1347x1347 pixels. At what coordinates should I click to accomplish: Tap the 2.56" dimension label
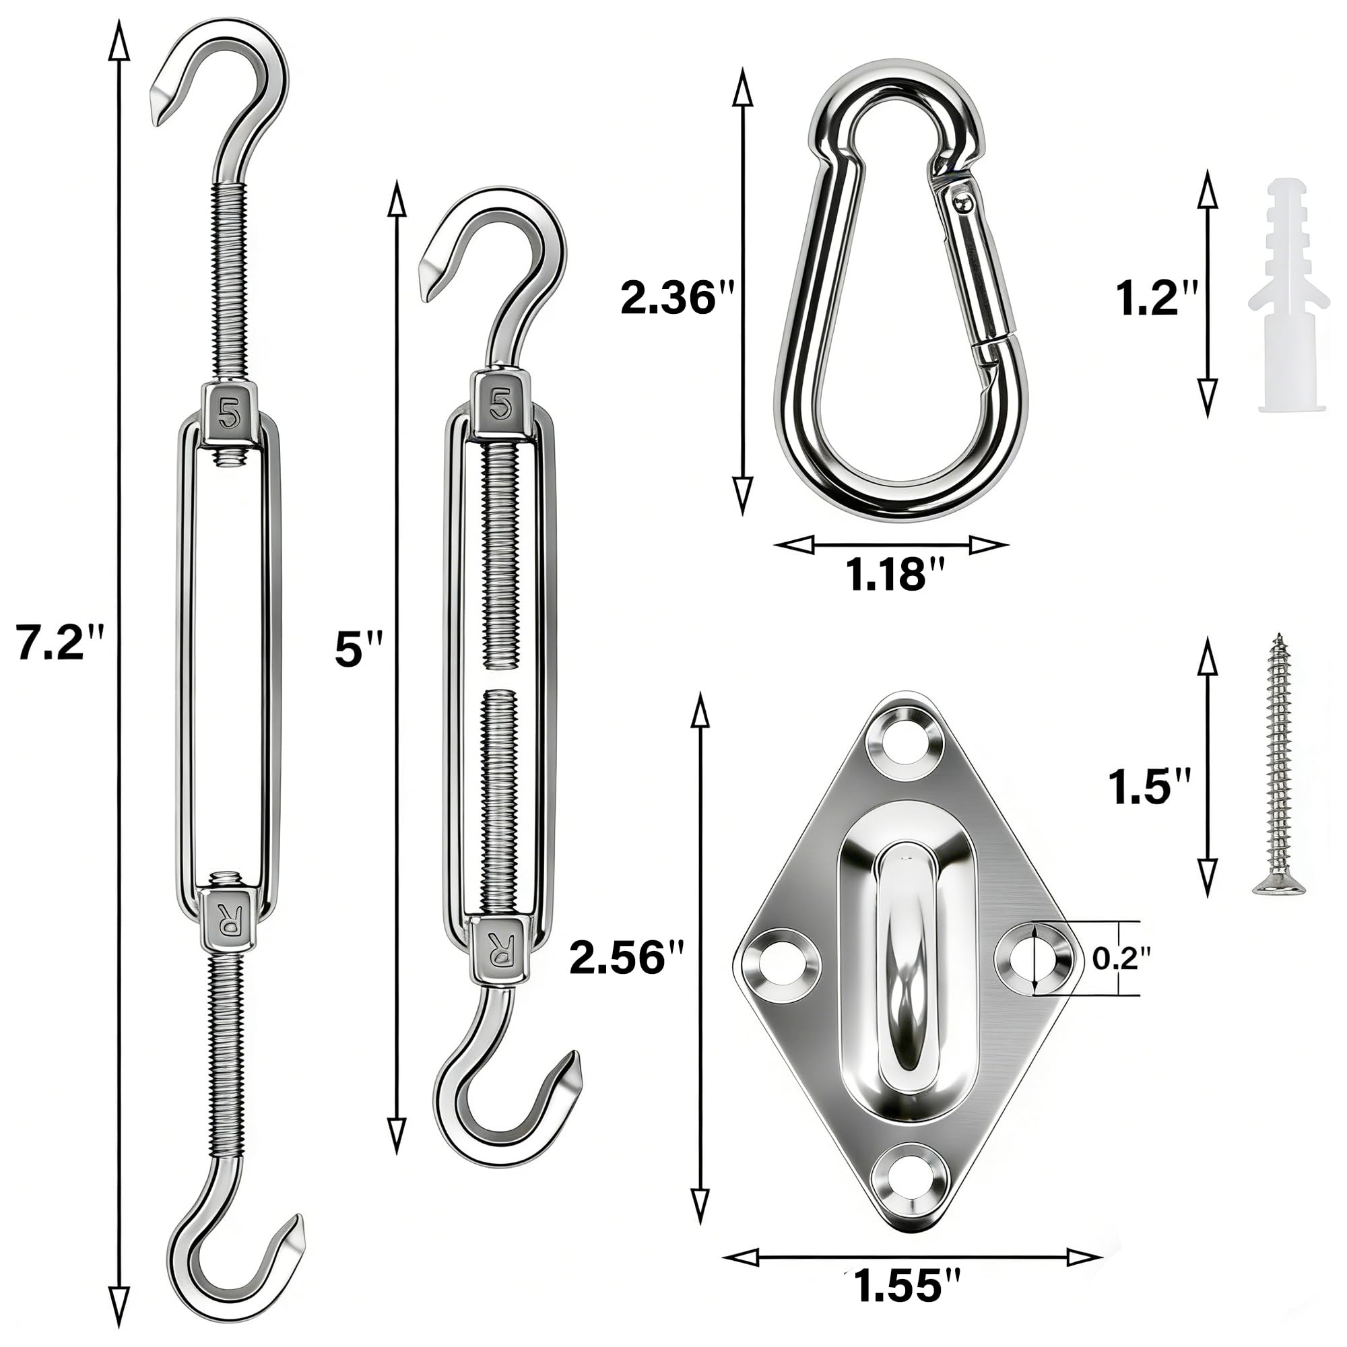[x=627, y=956]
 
